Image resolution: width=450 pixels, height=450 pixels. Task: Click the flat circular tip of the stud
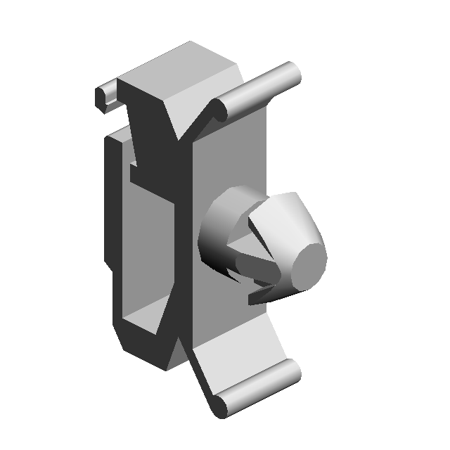[x=308, y=265]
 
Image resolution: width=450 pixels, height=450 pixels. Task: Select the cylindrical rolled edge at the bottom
[x=257, y=390]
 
